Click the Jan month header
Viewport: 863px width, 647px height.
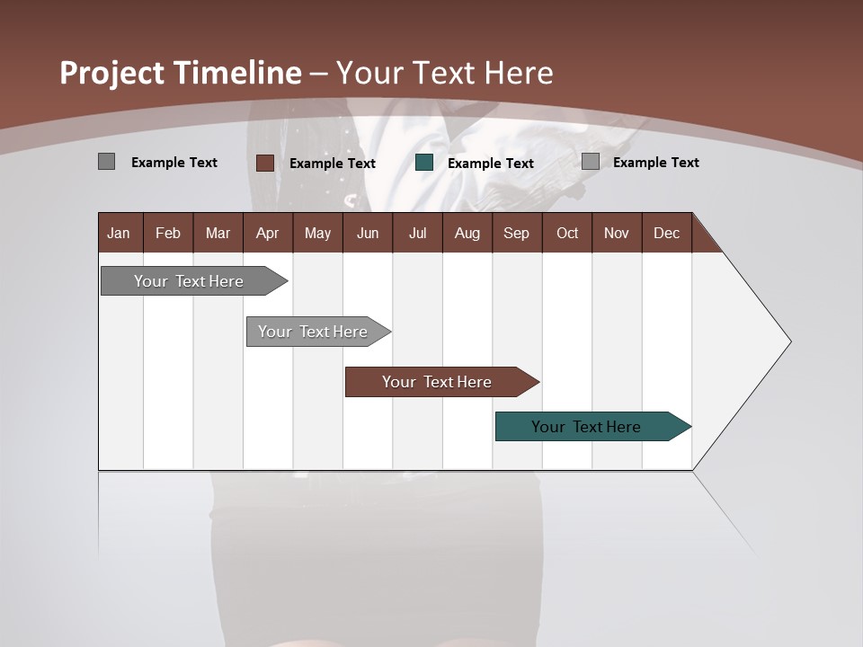coord(119,233)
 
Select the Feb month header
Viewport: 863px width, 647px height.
coord(168,233)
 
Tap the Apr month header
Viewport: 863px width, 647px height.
coord(267,233)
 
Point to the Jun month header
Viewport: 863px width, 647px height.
coord(368,233)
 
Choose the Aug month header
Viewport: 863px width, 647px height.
coord(467,233)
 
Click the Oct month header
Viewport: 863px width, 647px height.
coord(567,233)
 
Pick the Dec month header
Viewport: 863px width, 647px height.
coord(666,233)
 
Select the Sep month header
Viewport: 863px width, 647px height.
coord(516,233)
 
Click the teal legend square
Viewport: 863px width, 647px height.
coord(424,163)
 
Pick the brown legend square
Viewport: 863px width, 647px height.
coord(265,163)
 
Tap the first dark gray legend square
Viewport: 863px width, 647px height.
coord(106,162)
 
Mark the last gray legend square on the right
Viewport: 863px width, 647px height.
coord(591,162)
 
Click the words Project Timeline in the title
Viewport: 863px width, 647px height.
coord(180,73)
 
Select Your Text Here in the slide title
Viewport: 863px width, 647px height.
coord(445,73)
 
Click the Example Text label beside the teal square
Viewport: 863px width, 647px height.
coord(490,164)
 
